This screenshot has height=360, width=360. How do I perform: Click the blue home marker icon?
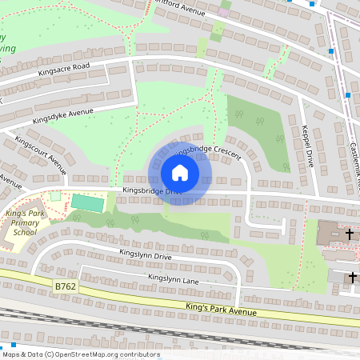pyautogui.click(x=179, y=173)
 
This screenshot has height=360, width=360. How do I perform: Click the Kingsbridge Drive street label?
pyautogui.click(x=152, y=191)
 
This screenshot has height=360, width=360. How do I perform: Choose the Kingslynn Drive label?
pyautogui.click(x=146, y=255)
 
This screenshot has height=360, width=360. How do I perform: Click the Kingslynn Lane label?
pyautogui.click(x=173, y=278)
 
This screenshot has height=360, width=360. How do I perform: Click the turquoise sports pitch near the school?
pyautogui.click(x=87, y=203)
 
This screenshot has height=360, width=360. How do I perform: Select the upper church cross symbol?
pyautogui.click(x=350, y=235)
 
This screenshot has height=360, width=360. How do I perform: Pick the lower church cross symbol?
pyautogui.click(x=351, y=277)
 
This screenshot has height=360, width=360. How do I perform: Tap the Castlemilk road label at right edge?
pyautogui.click(x=354, y=160)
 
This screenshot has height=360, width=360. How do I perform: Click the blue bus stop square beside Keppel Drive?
pyautogui.click(x=348, y=95)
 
